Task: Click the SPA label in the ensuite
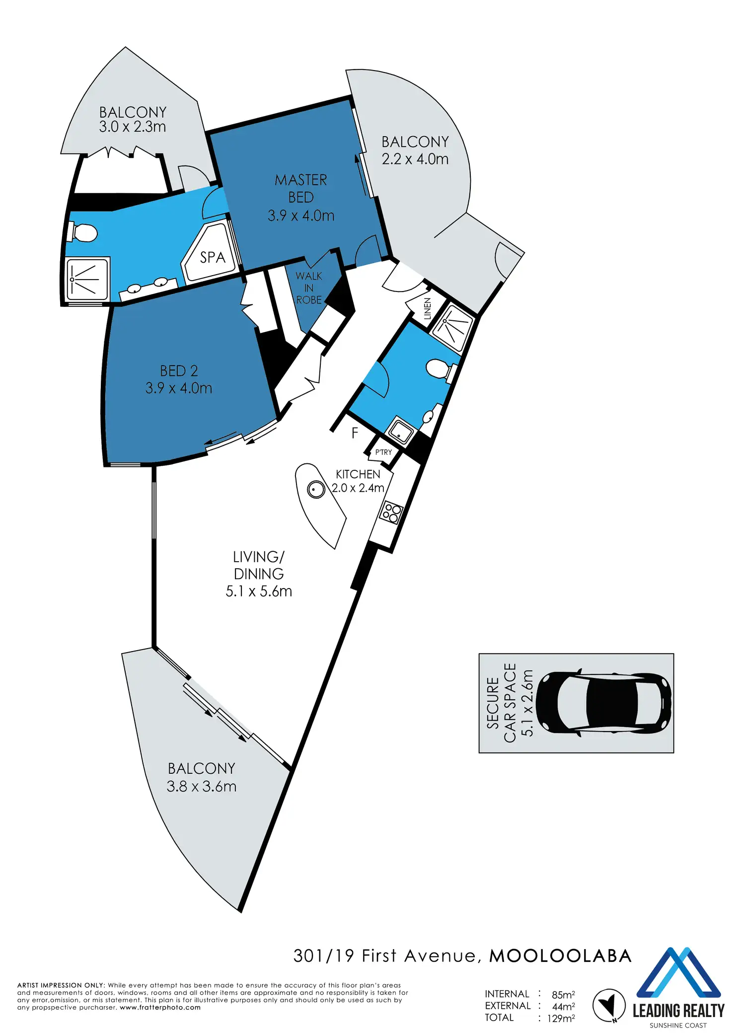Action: (x=213, y=257)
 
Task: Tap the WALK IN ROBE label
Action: (x=309, y=288)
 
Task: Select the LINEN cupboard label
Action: (x=428, y=309)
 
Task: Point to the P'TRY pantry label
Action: (x=383, y=452)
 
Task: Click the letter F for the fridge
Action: (x=355, y=433)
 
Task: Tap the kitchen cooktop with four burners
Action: (x=391, y=514)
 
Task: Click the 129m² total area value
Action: (x=561, y=1019)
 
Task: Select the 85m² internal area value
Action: (x=563, y=995)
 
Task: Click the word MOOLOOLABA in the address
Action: (x=560, y=956)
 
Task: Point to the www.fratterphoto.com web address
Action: (x=160, y=1008)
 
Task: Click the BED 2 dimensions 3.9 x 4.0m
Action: (x=179, y=388)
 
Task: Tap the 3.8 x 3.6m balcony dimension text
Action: (x=201, y=787)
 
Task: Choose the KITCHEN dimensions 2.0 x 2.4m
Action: (x=358, y=488)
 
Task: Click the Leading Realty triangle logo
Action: (x=678, y=973)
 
